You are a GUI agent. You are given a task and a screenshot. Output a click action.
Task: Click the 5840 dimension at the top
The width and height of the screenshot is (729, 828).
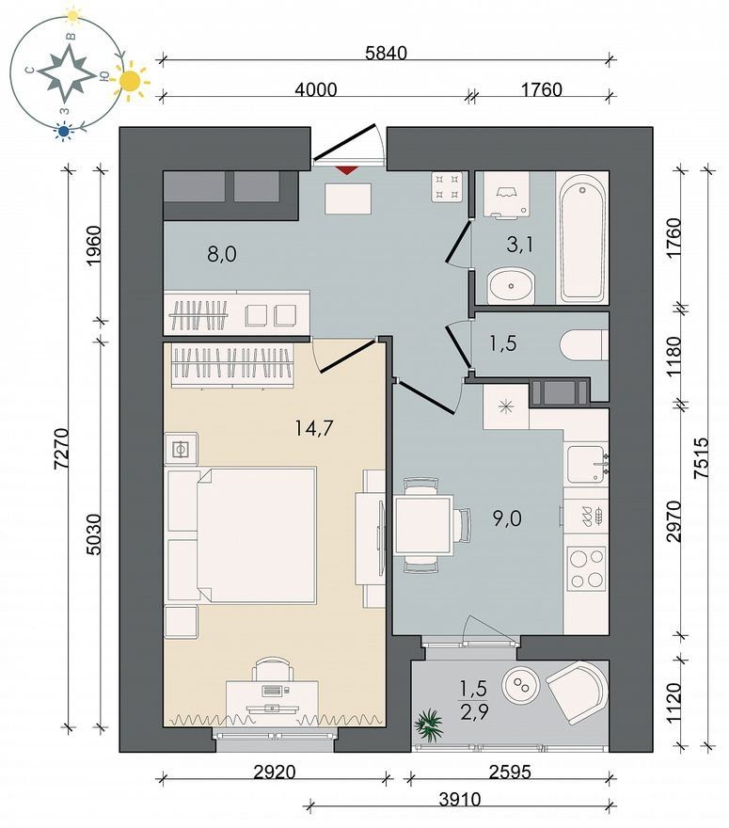point(387,53)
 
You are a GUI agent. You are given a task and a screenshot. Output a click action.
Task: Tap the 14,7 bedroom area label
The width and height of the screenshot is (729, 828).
point(314,428)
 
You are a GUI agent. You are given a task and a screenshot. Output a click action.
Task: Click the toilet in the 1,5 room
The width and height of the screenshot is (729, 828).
point(583,344)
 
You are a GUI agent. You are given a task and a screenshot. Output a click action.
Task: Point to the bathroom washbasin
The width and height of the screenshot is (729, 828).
point(511,286)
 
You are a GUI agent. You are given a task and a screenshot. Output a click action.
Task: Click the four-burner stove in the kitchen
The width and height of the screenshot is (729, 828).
point(586,568)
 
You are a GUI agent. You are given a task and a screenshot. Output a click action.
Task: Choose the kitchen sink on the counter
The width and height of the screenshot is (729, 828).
point(586,464)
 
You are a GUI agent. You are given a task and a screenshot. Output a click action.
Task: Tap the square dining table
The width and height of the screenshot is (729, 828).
point(424,524)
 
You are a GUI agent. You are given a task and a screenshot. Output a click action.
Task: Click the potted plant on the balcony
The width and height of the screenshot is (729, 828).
point(429,725)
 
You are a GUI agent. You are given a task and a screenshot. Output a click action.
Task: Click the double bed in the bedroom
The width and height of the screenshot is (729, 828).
point(243,534)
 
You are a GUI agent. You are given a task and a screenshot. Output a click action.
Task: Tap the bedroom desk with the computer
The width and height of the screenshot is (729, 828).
point(272,696)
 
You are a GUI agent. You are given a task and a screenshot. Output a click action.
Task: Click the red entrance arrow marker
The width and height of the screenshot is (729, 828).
point(347,170)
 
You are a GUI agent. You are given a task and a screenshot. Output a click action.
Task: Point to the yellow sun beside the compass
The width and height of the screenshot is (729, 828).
point(130,81)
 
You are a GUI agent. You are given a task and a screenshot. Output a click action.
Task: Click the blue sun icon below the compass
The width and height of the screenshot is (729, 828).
point(64,132)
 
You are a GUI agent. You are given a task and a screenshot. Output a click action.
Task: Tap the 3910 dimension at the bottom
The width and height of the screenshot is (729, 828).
point(460,799)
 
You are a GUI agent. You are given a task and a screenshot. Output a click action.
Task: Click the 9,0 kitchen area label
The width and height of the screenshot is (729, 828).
point(507,518)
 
